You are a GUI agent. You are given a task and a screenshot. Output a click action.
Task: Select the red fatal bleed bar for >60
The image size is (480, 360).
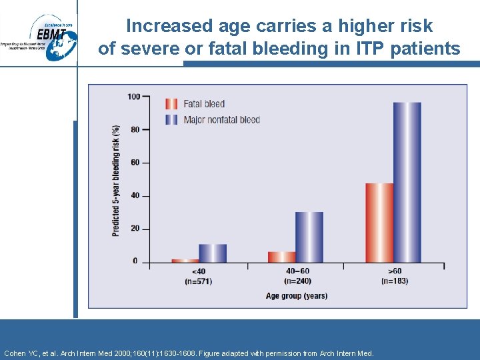tap(379, 223)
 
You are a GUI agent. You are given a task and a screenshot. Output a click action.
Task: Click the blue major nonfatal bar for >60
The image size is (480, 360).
tap(407, 182)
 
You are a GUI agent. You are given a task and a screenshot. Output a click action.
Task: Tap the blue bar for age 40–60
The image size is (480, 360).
tap(309, 237)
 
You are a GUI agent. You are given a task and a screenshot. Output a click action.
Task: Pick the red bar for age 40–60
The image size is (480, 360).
tap(281, 257)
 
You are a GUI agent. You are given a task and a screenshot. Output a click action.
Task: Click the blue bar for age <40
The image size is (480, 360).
tap(213, 253)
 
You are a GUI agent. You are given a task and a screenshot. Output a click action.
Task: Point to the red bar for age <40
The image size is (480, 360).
tap(185, 260)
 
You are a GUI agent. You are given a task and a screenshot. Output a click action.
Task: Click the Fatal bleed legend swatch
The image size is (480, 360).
tap(171, 104)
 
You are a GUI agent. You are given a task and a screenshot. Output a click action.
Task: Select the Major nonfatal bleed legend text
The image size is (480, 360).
tap(221, 120)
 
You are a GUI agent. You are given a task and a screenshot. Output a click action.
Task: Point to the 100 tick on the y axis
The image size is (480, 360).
tap(134, 97)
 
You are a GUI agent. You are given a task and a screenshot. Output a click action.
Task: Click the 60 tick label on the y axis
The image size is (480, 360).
tap(135, 163)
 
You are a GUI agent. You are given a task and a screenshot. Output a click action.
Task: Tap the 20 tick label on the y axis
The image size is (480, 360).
tap(135, 229)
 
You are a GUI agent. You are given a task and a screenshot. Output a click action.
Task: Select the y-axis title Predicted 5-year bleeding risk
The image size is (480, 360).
tap(116, 180)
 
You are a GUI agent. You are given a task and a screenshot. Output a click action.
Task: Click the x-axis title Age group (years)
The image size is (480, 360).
tap(297, 295)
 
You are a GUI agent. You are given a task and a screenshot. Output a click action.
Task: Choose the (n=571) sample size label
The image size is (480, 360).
tap(199, 281)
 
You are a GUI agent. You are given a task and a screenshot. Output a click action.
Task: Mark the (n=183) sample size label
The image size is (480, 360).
tap(394, 281)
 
